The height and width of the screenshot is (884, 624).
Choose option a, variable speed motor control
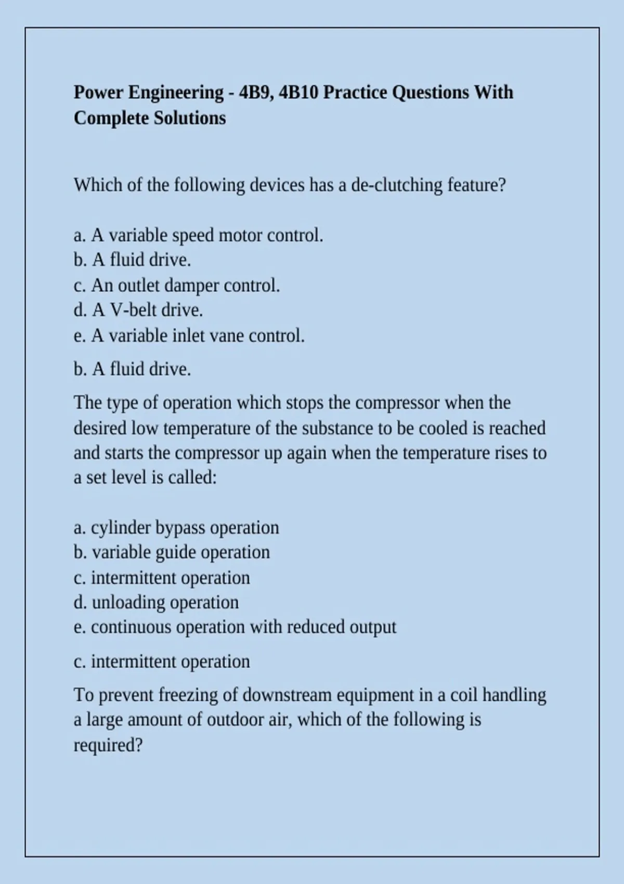click(x=199, y=236)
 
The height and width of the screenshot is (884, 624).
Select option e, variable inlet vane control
click(x=189, y=336)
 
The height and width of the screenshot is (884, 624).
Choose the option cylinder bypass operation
click(x=176, y=528)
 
